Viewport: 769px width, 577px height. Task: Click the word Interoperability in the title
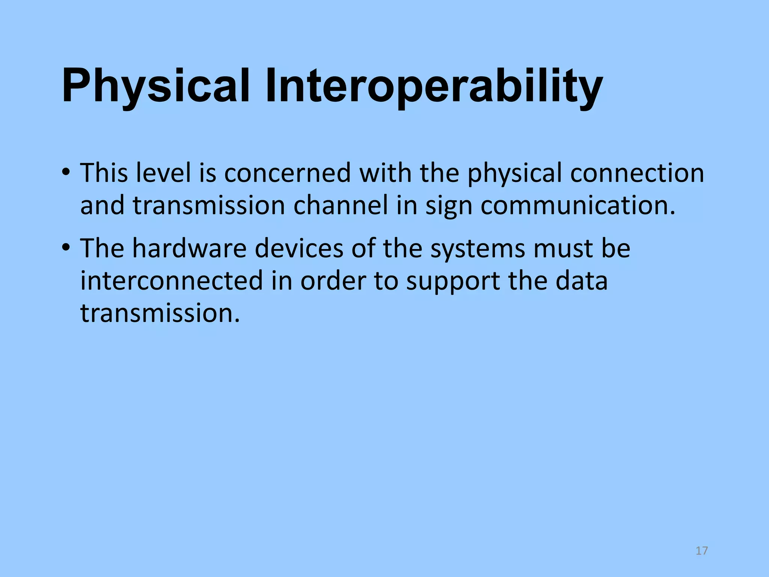434,86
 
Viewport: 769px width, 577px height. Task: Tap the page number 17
701,551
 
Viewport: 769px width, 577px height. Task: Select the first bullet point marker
66,173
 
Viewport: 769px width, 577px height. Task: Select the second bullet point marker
66,248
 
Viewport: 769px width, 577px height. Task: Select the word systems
477,249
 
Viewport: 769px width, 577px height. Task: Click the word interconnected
172,281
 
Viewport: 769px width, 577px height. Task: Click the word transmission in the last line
160,313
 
